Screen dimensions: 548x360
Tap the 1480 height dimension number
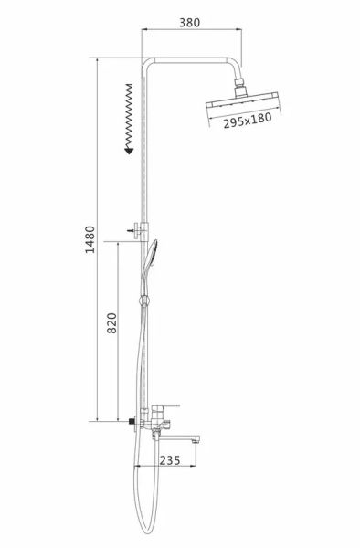[90, 240]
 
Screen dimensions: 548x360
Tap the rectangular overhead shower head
[241, 103]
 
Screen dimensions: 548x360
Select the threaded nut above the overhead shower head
[241, 89]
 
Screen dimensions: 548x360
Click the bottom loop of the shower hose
[143, 531]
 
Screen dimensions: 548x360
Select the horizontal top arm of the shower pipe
[192, 61]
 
